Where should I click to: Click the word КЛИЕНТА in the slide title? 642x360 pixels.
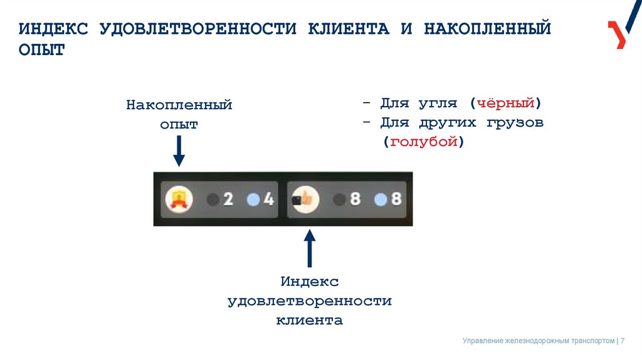(x=348, y=29)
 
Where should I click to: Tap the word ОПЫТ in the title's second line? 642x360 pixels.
(x=41, y=50)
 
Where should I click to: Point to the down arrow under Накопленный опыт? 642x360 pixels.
(x=179, y=151)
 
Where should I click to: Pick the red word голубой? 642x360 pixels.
(x=424, y=142)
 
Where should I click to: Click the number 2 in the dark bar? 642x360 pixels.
(x=228, y=200)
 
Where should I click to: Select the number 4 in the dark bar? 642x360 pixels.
(x=268, y=200)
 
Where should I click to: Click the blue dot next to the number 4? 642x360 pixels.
(x=253, y=200)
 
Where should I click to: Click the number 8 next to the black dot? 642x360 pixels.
(x=355, y=200)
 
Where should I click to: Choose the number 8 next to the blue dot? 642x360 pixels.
(x=396, y=200)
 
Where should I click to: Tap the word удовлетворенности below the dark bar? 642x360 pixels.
(x=309, y=301)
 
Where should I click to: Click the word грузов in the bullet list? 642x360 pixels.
(x=514, y=122)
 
